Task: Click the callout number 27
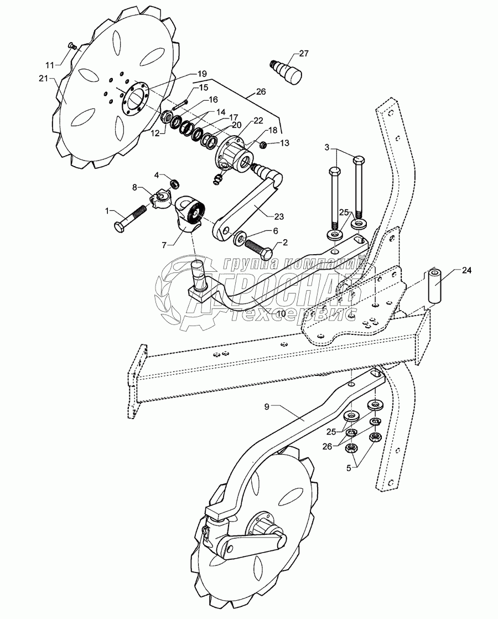[304, 53]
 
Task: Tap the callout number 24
[467, 271]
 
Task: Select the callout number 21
[44, 79]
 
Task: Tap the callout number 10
[282, 314]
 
